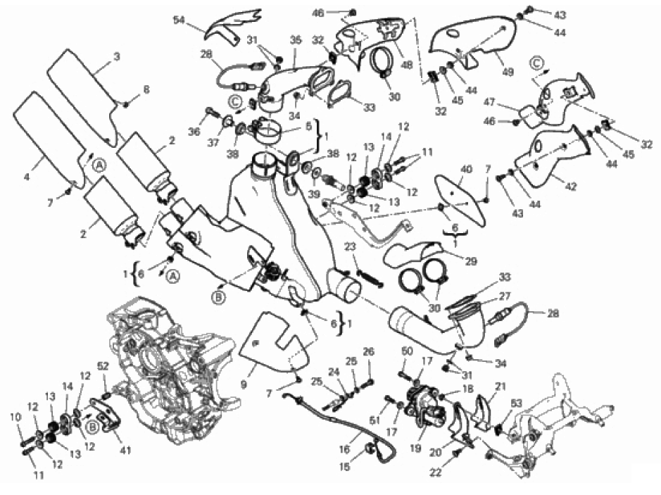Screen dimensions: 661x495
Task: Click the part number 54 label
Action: tap(180, 20)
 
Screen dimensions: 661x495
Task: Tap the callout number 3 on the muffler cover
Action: tap(117, 56)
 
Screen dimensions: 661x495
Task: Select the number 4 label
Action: tap(27, 177)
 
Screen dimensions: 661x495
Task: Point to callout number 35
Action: tap(296, 40)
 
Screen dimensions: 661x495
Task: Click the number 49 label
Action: tap(508, 72)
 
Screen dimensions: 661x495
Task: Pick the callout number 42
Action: tap(571, 186)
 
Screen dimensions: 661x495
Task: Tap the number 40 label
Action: tap(466, 170)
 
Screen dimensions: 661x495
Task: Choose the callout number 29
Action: tap(471, 261)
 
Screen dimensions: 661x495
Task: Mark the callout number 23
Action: tap(350, 246)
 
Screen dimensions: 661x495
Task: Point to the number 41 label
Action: tap(125, 451)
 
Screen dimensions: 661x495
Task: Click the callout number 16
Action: tap(344, 449)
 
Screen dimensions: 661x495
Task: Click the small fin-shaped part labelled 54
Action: tap(229, 25)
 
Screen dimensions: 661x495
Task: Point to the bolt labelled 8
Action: tap(125, 104)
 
